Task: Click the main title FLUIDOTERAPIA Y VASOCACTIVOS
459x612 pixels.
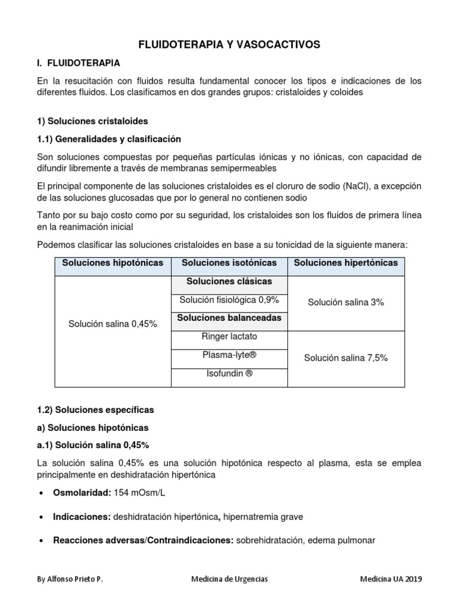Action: point(229,44)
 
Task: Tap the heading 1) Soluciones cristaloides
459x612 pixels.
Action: point(92,121)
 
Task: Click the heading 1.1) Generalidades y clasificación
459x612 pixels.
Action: point(109,139)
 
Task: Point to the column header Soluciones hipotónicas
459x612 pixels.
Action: point(113,263)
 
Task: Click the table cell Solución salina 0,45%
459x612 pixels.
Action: point(113,323)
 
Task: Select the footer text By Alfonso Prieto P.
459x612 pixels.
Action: point(69,579)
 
